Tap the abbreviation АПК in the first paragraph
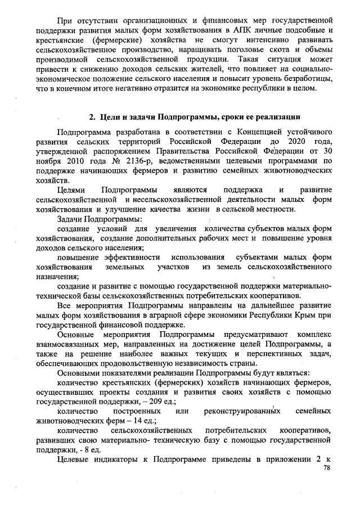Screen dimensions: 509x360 [224, 28]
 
